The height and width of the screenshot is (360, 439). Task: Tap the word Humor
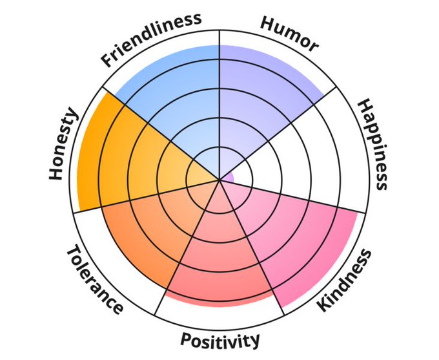click(x=289, y=33)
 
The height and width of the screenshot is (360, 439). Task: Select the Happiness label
click(x=373, y=144)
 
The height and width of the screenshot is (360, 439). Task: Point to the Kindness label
click(x=345, y=279)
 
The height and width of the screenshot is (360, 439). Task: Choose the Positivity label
click(x=220, y=339)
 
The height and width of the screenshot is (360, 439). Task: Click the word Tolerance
click(x=94, y=279)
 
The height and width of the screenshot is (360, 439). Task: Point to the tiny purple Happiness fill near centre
click(x=228, y=176)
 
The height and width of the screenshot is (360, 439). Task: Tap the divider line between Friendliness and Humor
click(x=220, y=97)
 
